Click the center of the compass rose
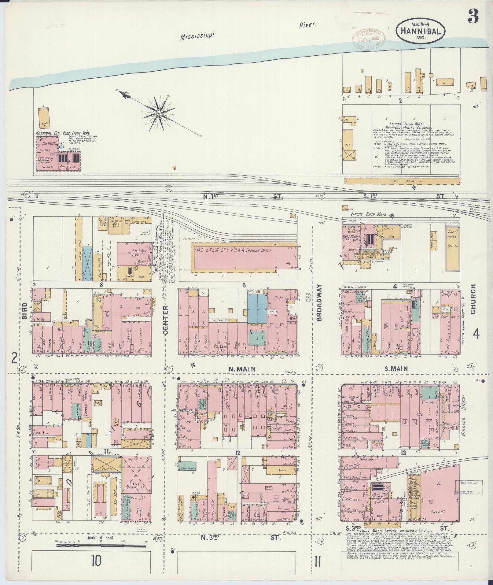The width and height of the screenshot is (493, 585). pos(159,113)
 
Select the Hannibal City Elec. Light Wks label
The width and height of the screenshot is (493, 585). pos(63,133)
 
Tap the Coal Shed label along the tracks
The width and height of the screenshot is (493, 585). pos(394,181)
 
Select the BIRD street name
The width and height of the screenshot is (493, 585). pos(25,311)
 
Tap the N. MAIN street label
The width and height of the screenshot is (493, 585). pos(242,369)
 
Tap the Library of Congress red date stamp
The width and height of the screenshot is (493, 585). pos(369,38)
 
